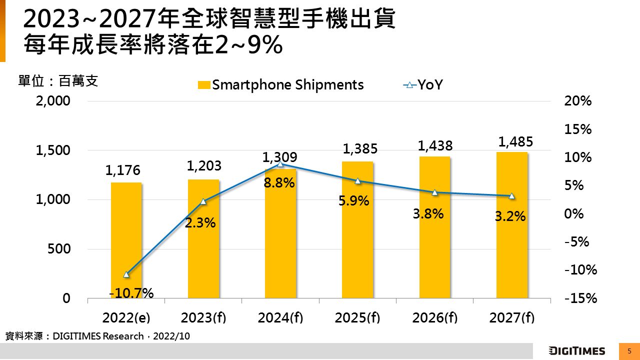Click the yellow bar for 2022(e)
coord(126,240)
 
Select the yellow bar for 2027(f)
coord(512,225)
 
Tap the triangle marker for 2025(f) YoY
coord(357,181)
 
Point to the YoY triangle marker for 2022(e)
coord(126,274)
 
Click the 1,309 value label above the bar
coord(279,157)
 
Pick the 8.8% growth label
coord(279,183)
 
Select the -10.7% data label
coord(131,293)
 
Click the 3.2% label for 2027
coord(510,216)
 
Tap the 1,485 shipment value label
coord(515,141)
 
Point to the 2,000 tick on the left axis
coord(53,101)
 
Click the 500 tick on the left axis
coord(59,249)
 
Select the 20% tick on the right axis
coord(577,101)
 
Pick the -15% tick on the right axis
coord(581,298)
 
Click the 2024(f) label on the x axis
coord(280,317)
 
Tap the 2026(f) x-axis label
coord(434,317)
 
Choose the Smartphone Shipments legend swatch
coord(204,85)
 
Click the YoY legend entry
coord(423,85)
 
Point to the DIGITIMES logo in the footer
coord(577,351)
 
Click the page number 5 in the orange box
coord(629,351)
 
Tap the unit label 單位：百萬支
coord(58,81)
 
